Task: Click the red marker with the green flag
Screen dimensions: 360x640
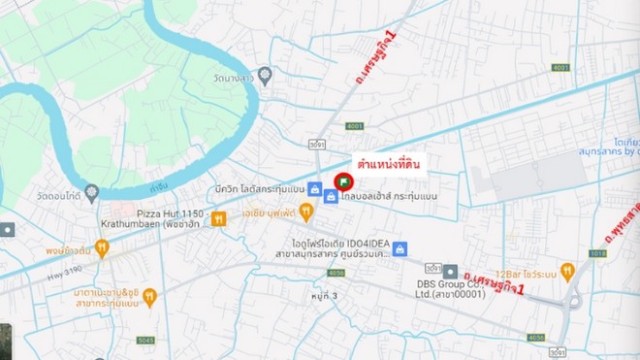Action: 342,181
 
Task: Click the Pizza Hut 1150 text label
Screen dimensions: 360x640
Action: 170,212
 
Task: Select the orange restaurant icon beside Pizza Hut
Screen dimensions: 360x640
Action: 218,218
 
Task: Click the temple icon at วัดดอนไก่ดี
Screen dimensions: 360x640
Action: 91,191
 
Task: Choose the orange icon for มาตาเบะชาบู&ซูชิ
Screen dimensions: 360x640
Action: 149,297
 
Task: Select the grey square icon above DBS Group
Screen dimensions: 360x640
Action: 450,271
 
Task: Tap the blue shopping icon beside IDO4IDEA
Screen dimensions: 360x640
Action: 400,249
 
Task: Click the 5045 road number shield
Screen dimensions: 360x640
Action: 144,340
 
